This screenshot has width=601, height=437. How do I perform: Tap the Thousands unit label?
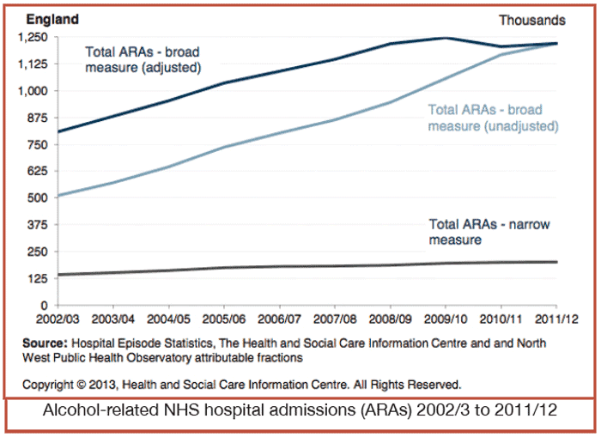[x=532, y=20]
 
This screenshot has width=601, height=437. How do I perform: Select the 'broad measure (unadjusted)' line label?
[x=493, y=118]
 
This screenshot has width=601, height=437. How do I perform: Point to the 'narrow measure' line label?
[x=489, y=232]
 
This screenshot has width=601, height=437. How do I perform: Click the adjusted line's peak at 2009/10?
[x=446, y=38]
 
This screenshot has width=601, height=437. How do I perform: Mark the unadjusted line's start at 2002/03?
[x=58, y=196]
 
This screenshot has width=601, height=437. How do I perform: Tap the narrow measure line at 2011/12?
[x=556, y=262]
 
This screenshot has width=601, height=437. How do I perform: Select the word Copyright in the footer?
[x=49, y=384]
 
